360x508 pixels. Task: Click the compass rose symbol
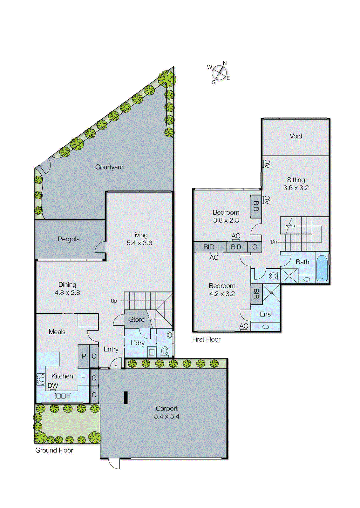click(x=219, y=73)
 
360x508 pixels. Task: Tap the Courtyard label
click(x=109, y=167)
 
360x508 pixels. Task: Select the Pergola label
click(x=69, y=239)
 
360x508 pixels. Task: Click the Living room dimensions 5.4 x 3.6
click(x=139, y=243)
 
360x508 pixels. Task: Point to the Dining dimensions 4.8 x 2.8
click(x=67, y=293)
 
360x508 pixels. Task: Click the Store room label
click(x=137, y=319)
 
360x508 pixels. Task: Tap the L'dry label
click(x=138, y=343)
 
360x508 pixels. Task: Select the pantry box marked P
click(x=84, y=356)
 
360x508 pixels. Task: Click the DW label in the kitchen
click(x=53, y=385)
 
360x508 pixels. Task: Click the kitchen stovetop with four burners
click(x=41, y=379)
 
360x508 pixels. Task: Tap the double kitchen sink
click(x=63, y=396)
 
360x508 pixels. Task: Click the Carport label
click(x=166, y=409)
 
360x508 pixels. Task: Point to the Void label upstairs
click(x=296, y=136)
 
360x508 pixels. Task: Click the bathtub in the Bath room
click(x=322, y=268)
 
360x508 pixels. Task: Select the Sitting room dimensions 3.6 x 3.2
click(x=296, y=188)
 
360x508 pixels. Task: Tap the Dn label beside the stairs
click(x=274, y=242)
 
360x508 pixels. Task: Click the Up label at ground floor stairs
click(x=114, y=301)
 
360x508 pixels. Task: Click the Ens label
click(x=265, y=314)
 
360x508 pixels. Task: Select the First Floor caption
click(x=206, y=339)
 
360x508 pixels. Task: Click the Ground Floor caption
click(x=54, y=451)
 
